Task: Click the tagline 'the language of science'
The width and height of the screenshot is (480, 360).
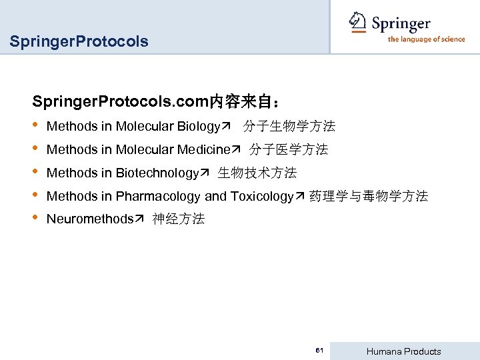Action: (426, 39)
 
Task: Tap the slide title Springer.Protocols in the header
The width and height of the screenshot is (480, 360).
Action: (79, 42)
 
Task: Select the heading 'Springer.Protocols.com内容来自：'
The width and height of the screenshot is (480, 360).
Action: (157, 102)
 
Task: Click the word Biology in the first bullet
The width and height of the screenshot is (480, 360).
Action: (199, 126)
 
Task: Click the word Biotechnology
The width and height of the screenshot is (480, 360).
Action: (157, 173)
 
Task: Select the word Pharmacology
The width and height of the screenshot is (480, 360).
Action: (158, 197)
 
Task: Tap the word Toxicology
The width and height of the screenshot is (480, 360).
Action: (262, 197)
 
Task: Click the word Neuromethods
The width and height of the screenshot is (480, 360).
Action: (90, 219)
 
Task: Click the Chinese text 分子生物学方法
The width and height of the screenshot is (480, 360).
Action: (289, 126)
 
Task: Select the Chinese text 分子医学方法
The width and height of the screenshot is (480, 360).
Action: (289, 150)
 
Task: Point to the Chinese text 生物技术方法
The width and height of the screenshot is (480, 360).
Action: (257, 173)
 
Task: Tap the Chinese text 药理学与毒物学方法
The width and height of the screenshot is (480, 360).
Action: (369, 197)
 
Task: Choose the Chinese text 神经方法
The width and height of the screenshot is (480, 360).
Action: (179, 219)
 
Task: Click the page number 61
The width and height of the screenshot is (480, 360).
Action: (320, 351)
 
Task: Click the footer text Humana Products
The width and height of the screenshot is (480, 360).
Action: (404, 351)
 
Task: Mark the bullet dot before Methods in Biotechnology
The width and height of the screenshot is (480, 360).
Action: (35, 172)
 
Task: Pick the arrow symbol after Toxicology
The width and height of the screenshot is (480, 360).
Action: (299, 197)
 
